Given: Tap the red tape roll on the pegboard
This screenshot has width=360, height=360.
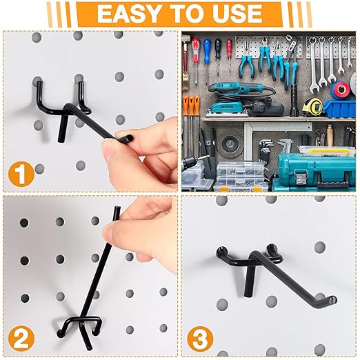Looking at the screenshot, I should (x=341, y=90).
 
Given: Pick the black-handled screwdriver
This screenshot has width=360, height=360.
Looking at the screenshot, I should (x=218, y=48).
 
